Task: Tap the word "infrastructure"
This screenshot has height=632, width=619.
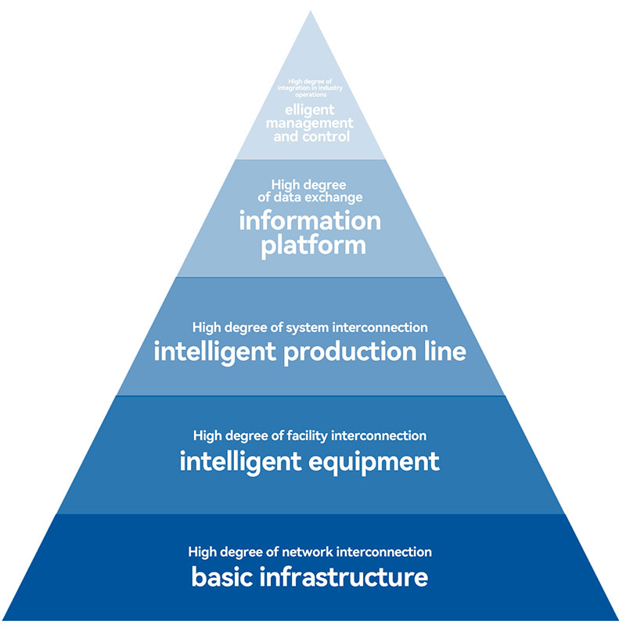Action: click(343, 578)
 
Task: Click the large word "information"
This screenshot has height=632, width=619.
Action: click(310, 221)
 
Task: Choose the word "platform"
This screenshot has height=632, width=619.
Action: click(313, 245)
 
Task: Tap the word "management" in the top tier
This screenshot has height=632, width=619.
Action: click(310, 123)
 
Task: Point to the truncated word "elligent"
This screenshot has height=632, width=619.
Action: click(310, 110)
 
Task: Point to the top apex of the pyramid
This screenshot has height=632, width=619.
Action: click(310, 11)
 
